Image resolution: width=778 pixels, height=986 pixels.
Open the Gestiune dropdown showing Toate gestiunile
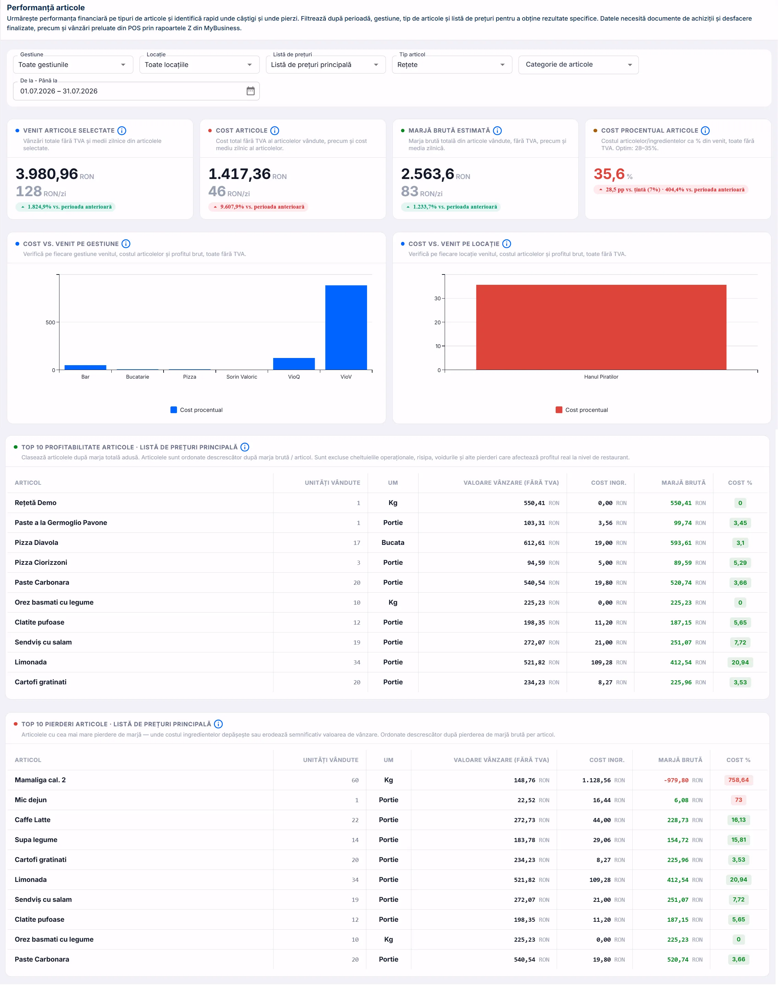(x=73, y=65)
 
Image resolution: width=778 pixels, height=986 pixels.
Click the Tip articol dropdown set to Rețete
(x=452, y=65)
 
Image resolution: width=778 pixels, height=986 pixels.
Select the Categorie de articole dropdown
(x=578, y=65)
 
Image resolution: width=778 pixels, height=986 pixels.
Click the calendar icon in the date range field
(x=251, y=91)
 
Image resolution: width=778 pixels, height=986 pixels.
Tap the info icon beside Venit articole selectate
(x=122, y=131)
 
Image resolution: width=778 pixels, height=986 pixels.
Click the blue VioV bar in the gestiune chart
(x=346, y=327)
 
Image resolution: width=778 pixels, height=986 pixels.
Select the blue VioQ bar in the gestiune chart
(x=294, y=364)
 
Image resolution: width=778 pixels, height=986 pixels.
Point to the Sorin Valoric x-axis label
(x=242, y=377)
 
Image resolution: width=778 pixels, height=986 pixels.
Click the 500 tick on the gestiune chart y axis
(x=50, y=323)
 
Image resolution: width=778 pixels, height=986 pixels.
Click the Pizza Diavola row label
(x=36, y=542)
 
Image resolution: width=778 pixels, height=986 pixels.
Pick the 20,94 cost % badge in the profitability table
(x=740, y=662)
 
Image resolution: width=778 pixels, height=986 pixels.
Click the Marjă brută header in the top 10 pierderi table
(x=680, y=760)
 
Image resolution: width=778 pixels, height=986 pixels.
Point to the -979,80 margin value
(x=676, y=780)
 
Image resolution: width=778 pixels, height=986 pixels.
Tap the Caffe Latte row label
(x=32, y=820)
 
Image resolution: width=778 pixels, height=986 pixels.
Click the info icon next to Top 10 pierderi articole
(x=218, y=724)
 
